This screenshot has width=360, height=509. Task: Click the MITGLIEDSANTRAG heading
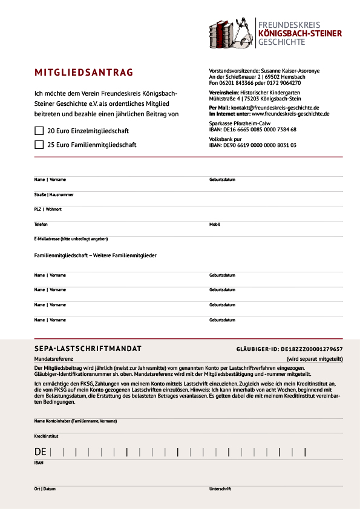[x=83, y=73]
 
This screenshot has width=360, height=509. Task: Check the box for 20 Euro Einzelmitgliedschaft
[x=39, y=131]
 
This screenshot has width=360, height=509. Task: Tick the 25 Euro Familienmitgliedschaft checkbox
[x=39, y=145]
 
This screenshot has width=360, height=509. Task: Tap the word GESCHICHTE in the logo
[x=281, y=44]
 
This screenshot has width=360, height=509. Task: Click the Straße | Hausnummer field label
[x=54, y=195]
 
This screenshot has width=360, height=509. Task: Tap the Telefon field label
[x=41, y=224]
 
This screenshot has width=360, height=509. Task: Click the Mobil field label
[x=215, y=224]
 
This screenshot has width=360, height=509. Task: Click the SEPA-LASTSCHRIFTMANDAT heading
[x=88, y=349]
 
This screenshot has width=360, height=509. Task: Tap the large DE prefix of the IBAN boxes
[x=41, y=452]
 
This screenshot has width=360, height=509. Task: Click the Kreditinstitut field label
[x=47, y=436]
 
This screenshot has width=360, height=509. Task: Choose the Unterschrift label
[x=220, y=488]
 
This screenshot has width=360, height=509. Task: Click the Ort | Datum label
[x=45, y=488]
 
